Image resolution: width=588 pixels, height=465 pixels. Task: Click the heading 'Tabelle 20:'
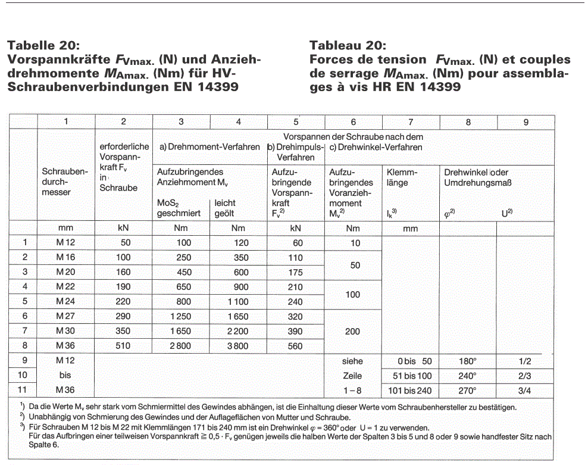click(42, 45)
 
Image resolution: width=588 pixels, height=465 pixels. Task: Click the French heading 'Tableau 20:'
click(348, 45)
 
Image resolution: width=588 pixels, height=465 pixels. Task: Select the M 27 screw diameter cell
click(66, 317)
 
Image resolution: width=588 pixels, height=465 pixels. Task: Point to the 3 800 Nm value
click(238, 346)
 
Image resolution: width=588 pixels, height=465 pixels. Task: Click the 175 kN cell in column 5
click(295, 273)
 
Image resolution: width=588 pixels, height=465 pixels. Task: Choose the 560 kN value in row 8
click(295, 346)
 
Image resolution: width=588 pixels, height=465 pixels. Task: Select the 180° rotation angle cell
click(468, 361)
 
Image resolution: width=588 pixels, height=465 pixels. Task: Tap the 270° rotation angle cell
click(468, 391)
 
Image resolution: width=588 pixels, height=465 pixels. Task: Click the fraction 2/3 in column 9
click(525, 376)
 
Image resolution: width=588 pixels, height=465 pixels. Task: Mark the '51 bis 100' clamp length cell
click(410, 376)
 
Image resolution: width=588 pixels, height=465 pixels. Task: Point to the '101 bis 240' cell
click(410, 391)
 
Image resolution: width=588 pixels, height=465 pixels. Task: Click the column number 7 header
click(410, 121)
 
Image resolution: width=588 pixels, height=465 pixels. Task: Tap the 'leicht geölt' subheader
click(229, 208)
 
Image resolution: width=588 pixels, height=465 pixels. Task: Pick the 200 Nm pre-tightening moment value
click(353, 332)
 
